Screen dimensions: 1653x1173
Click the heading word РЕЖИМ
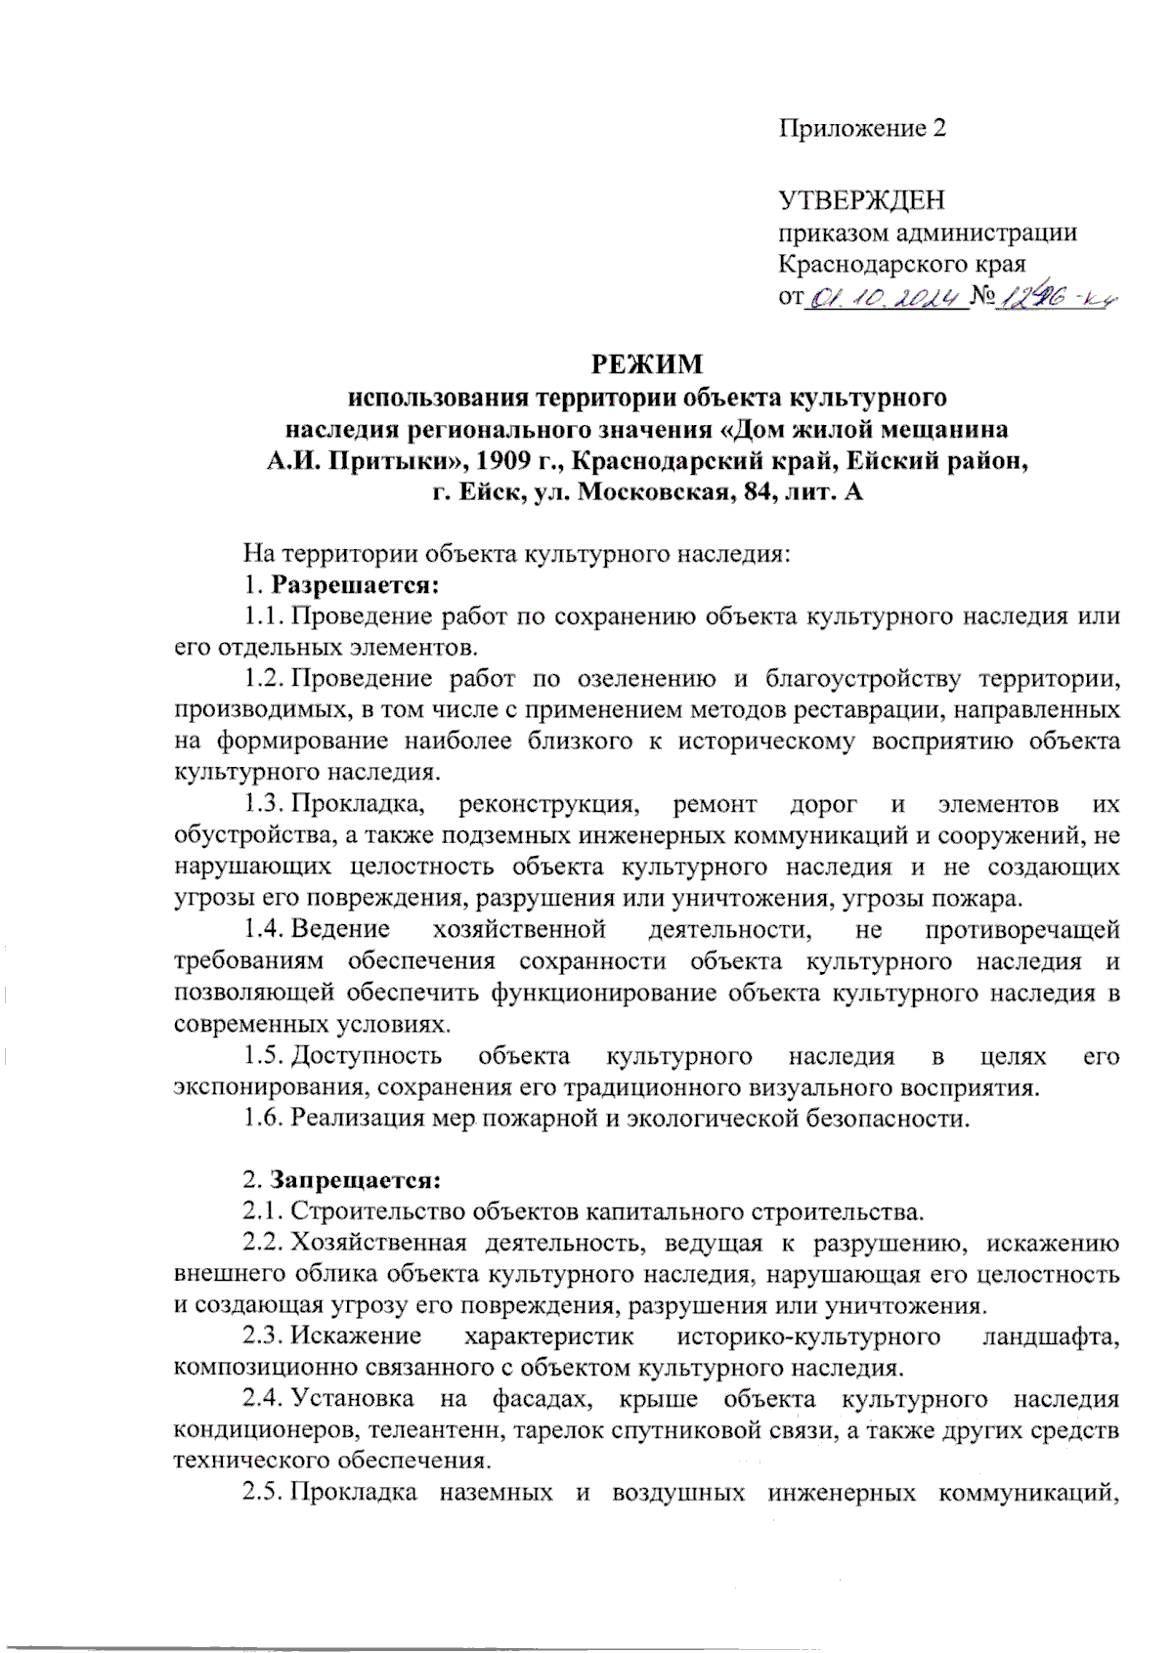(647, 364)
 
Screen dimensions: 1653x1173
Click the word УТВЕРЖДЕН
(862, 201)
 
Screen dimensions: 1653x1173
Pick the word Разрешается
(354, 585)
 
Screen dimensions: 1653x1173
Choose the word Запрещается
(356, 1180)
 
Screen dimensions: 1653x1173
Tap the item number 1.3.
(264, 805)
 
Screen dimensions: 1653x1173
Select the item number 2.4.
(264, 1400)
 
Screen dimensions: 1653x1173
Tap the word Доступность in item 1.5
(367, 1056)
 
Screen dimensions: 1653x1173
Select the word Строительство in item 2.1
(379, 1212)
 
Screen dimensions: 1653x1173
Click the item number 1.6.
(264, 1119)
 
